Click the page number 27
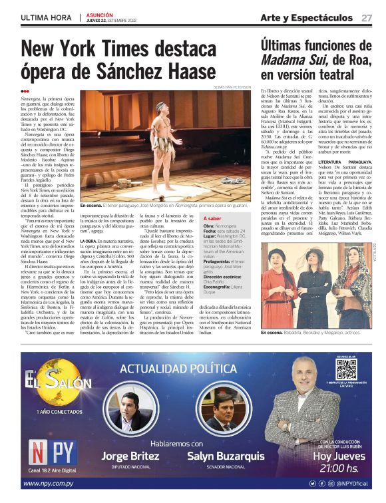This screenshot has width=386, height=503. tap(367, 17)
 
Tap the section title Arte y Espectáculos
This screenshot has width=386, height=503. tap(305, 17)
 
